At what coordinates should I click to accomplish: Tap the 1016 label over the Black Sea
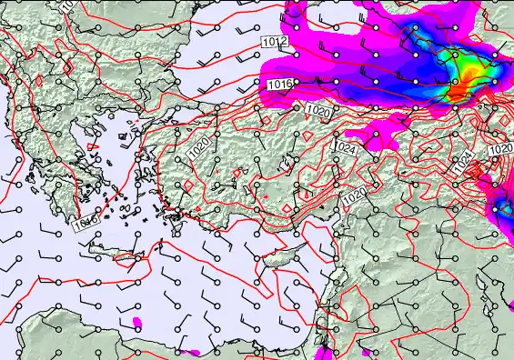click(x=281, y=84)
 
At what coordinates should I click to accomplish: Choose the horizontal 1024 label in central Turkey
click(x=345, y=146)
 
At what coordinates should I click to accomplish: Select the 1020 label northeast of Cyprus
click(x=354, y=195)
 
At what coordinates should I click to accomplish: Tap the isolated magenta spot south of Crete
click(x=138, y=322)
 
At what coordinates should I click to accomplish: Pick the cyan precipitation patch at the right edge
click(x=503, y=208)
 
